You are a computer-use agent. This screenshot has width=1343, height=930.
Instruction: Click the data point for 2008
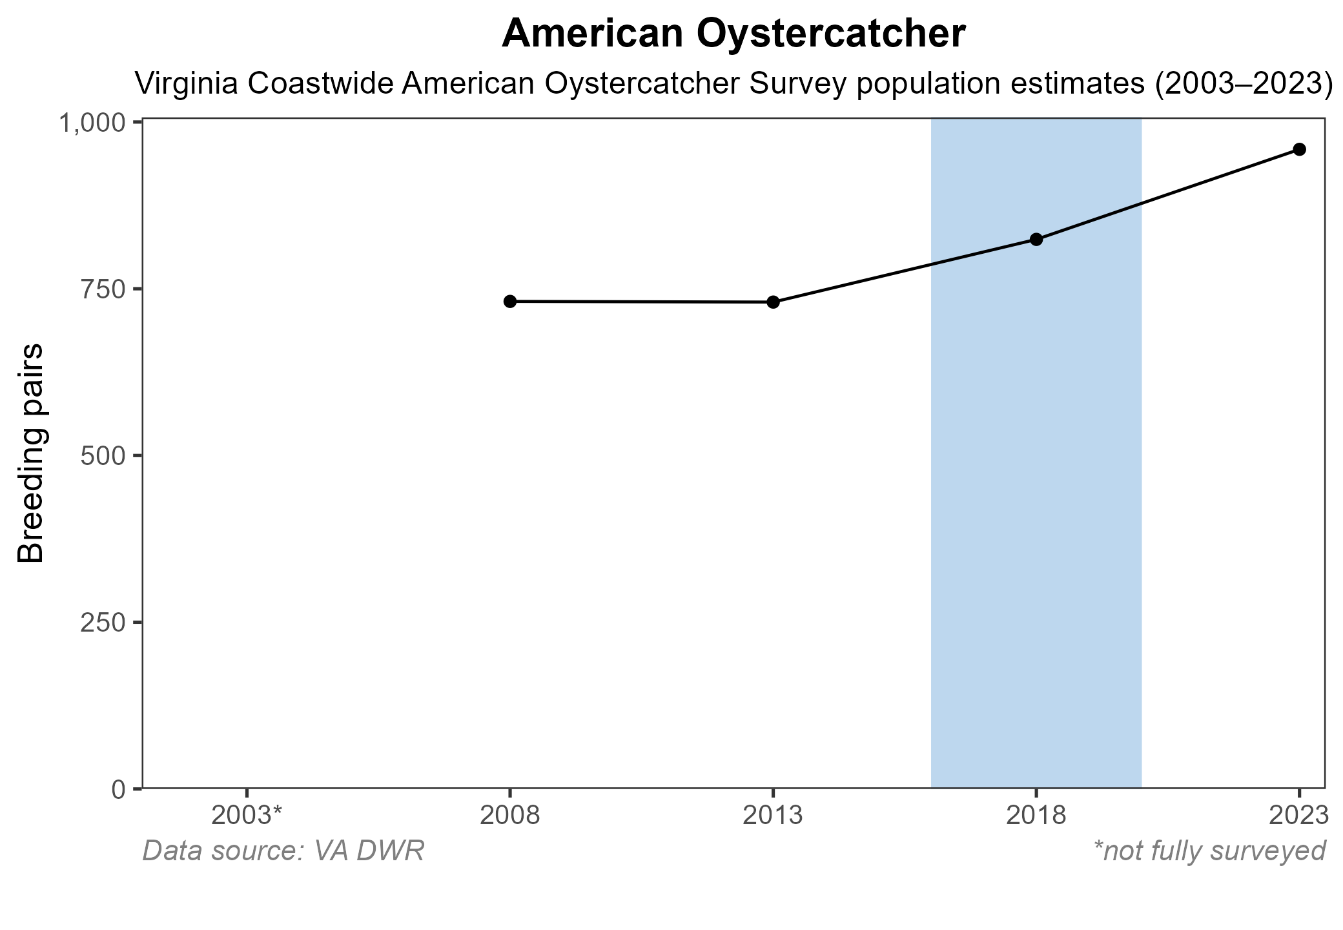point(509,302)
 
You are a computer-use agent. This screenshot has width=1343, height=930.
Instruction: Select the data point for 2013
point(773,302)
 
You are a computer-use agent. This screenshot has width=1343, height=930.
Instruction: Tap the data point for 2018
point(1036,240)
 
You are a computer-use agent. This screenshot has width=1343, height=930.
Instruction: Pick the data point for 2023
point(1300,150)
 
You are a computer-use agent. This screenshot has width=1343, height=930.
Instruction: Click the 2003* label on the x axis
point(247,816)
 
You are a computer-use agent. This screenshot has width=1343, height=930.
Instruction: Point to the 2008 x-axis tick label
point(509,816)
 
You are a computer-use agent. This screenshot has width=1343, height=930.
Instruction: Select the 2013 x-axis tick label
point(773,816)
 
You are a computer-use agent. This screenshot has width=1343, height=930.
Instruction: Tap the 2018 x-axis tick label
point(1036,816)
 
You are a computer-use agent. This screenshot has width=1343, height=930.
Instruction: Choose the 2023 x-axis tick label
point(1298,816)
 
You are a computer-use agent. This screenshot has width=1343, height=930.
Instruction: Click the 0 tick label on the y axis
point(119,789)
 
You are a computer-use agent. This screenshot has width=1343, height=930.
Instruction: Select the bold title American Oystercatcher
point(733,34)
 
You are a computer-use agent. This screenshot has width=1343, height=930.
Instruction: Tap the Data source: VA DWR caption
point(283,851)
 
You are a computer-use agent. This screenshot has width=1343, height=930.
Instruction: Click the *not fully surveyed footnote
point(1209,851)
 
